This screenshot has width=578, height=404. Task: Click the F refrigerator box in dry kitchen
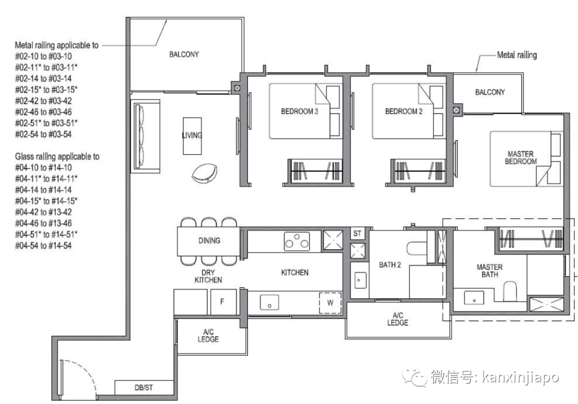coord(222,302)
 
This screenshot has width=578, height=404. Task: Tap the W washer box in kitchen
coord(330,303)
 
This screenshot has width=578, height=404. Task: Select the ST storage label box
coord(358,233)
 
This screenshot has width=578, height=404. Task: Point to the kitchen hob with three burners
coord(297,241)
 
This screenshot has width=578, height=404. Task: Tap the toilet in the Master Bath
coord(510,291)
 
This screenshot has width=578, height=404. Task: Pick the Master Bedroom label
coord(521,158)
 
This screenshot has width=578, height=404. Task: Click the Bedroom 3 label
coord(299,112)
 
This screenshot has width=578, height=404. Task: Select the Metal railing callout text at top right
coord(516,55)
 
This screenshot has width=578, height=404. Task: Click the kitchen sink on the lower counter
coord(269,302)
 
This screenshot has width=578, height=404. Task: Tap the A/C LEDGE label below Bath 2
coord(398,319)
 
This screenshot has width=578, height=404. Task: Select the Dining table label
coord(209,240)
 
